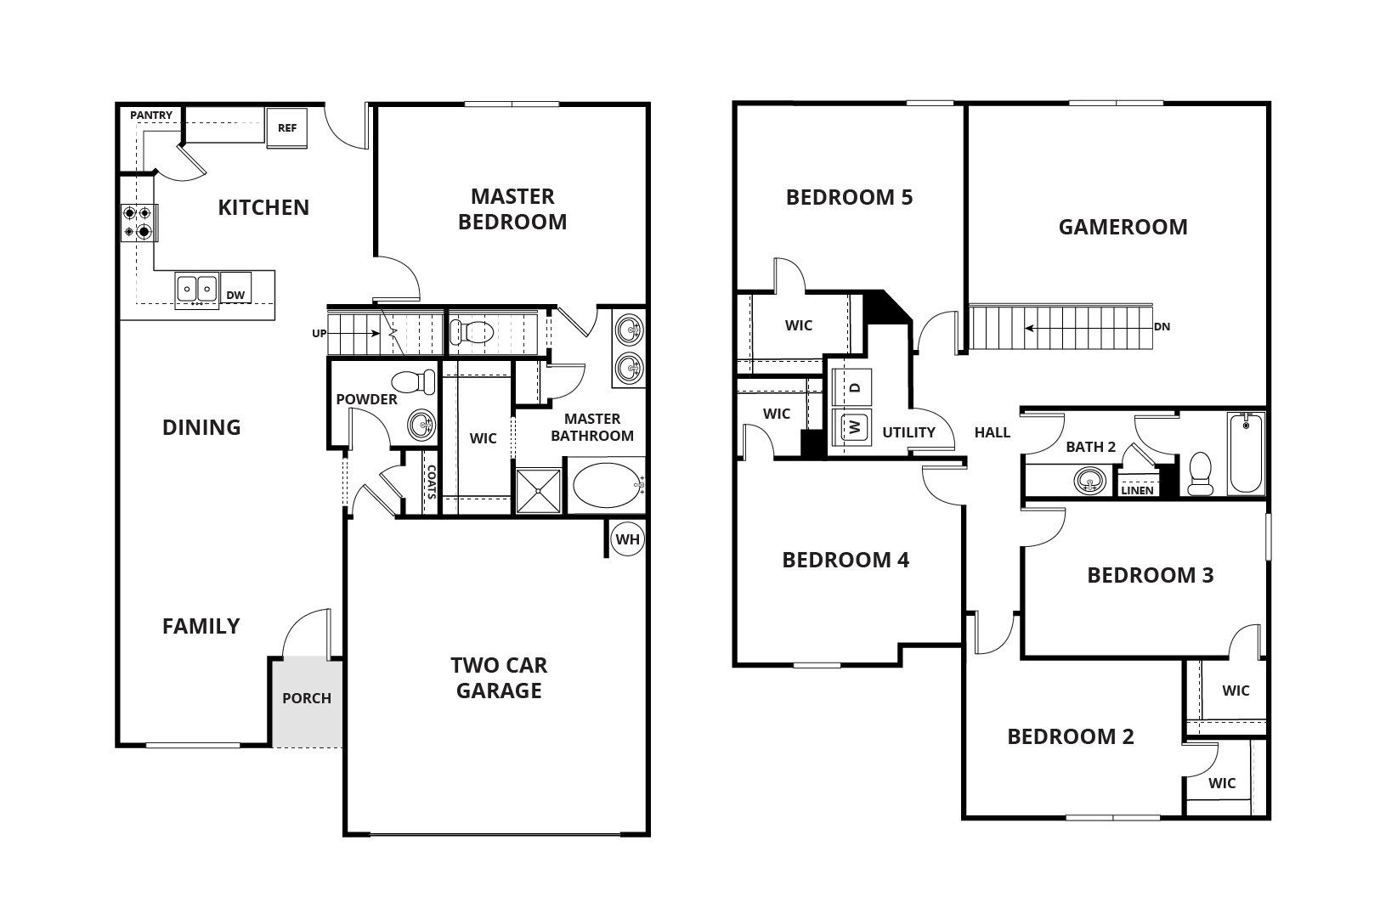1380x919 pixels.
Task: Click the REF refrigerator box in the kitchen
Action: (286, 128)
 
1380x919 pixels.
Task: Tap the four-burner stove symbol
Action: (138, 222)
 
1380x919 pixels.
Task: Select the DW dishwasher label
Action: (235, 296)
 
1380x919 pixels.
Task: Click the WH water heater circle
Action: (628, 539)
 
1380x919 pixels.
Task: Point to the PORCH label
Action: (307, 698)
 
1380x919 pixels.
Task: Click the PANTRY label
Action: (151, 116)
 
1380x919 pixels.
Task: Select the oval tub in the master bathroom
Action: (605, 485)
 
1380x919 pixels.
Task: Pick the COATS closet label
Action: (431, 482)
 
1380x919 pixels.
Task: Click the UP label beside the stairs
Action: (319, 334)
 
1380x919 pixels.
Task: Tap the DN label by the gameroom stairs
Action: (1162, 326)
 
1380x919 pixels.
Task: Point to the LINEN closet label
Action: (1137, 490)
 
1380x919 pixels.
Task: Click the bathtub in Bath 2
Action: (1247, 453)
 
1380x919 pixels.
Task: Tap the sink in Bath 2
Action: (1089, 482)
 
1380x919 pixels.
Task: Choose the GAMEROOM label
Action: (1123, 227)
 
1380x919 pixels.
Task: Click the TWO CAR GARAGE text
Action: (499, 678)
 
